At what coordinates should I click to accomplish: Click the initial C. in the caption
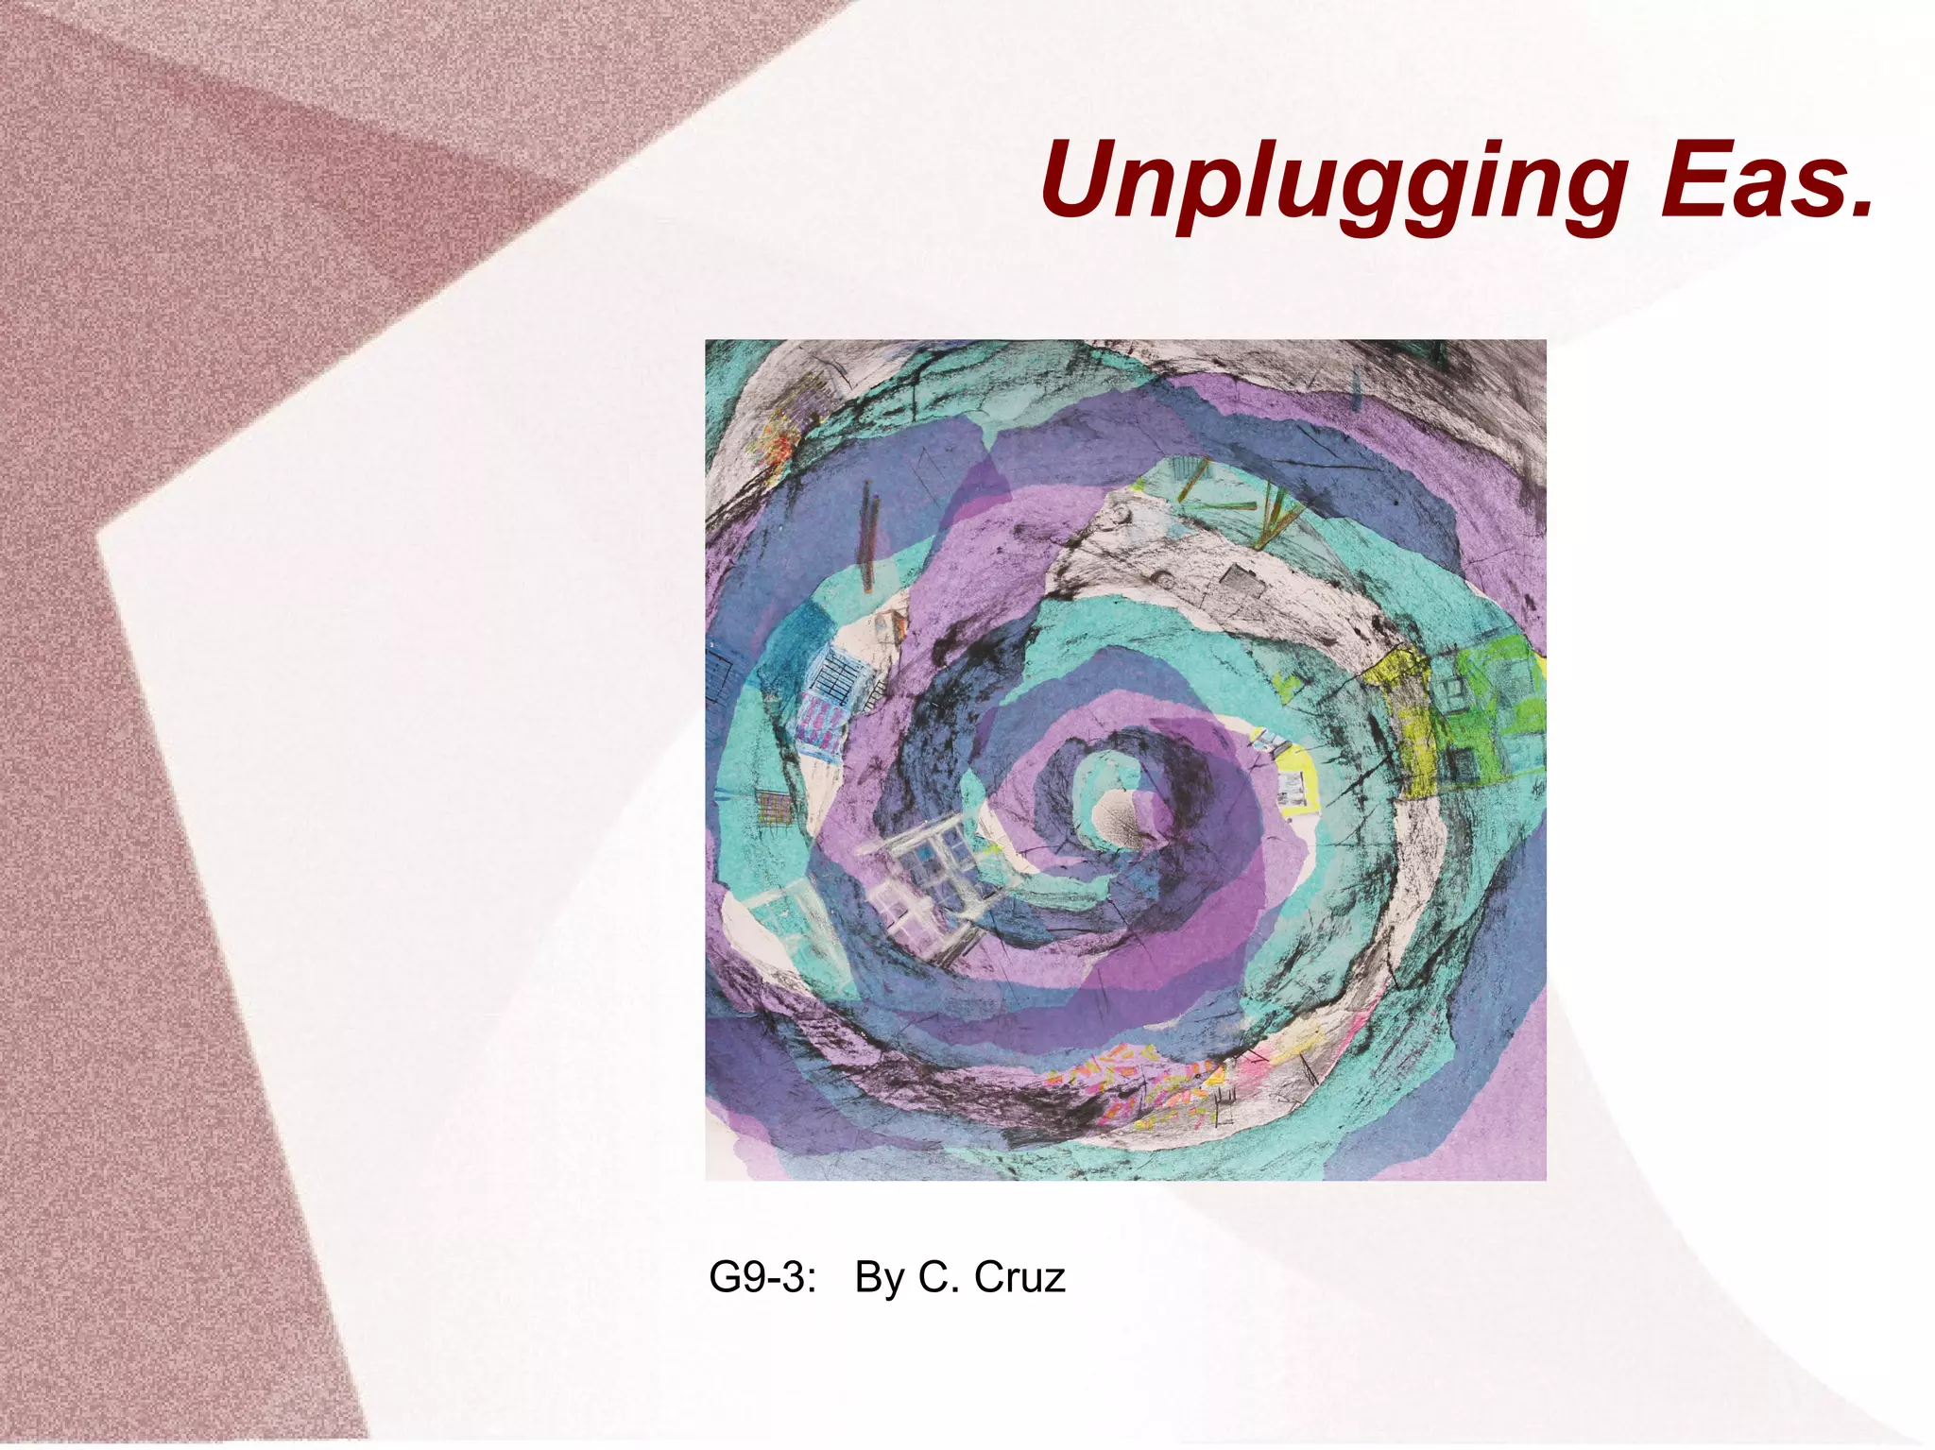[x=935, y=1277]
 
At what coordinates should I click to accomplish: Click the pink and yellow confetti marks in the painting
[x=1134, y=1086]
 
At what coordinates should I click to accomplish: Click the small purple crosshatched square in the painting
[x=776, y=808]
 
